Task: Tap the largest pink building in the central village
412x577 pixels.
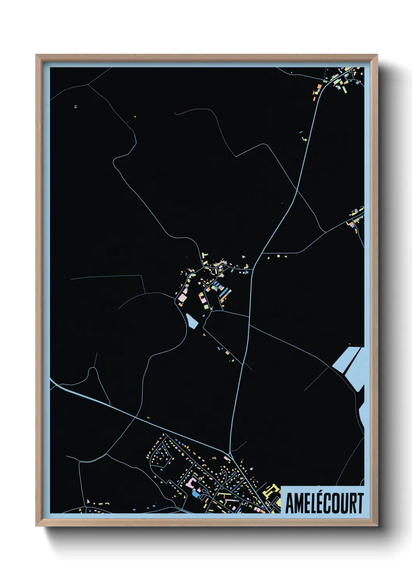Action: pyautogui.click(x=181, y=298)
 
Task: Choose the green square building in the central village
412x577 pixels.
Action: pyautogui.click(x=205, y=306)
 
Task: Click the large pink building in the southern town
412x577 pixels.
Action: pyautogui.click(x=191, y=483)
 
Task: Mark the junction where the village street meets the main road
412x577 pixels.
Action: pyautogui.click(x=254, y=269)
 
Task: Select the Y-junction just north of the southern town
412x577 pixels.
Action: pyautogui.click(x=231, y=453)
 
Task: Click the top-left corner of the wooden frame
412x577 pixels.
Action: pyautogui.click(x=36, y=55)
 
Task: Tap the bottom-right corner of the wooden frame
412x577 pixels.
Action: pyautogui.click(x=377, y=526)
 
